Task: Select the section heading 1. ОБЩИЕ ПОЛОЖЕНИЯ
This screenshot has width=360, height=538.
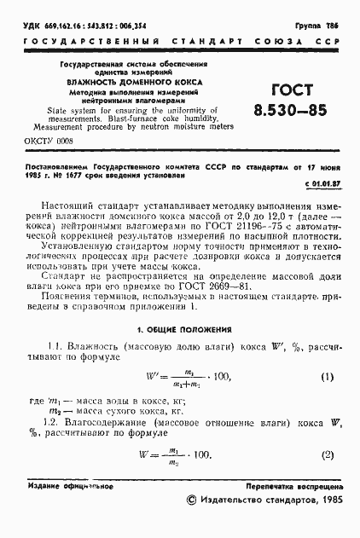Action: pyautogui.click(x=179, y=328)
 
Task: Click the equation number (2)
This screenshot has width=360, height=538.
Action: pyautogui.click(x=326, y=454)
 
